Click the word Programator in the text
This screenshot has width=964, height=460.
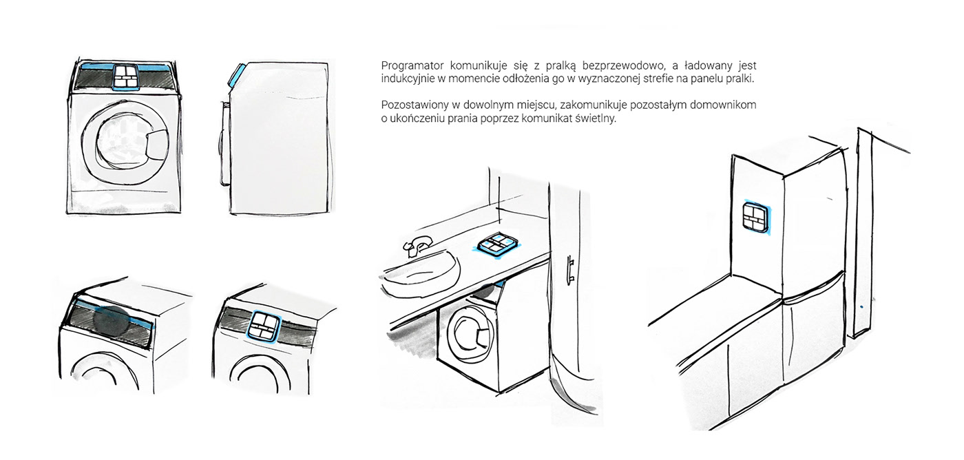pos(411,66)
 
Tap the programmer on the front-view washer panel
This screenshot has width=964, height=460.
pos(125,76)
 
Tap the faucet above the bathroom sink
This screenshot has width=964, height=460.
pos(415,244)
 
